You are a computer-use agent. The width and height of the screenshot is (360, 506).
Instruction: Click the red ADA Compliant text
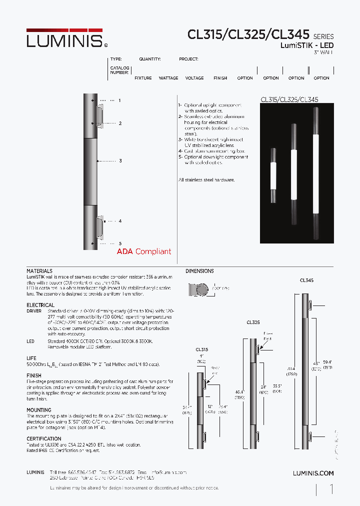tap(144, 251)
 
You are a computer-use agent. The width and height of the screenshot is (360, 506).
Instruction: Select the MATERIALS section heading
tap(39, 271)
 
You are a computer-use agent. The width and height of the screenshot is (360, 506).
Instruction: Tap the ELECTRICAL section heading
tap(40, 305)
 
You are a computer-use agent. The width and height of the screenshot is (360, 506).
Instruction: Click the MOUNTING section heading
tap(39, 410)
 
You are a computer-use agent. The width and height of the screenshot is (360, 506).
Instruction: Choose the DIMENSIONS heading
tap(199, 271)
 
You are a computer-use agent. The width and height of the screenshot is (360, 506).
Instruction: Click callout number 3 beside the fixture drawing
tap(120, 161)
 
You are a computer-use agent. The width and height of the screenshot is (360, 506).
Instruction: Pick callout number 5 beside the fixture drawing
tap(120, 243)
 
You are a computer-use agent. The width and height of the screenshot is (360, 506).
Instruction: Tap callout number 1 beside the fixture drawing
tap(120, 100)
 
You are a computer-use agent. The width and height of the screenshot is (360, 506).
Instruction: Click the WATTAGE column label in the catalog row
tap(168, 78)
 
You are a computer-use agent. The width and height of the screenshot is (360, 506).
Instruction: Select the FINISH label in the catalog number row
tap(220, 78)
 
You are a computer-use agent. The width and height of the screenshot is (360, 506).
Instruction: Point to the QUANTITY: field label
tap(150, 59)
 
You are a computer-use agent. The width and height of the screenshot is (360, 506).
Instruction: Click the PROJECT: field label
tap(188, 59)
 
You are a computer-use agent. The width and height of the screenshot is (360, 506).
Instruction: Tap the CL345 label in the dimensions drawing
tap(306, 281)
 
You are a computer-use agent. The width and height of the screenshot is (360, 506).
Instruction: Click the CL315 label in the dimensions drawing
tap(202, 350)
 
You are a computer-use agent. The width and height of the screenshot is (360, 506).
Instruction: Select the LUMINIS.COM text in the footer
tap(313, 473)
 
